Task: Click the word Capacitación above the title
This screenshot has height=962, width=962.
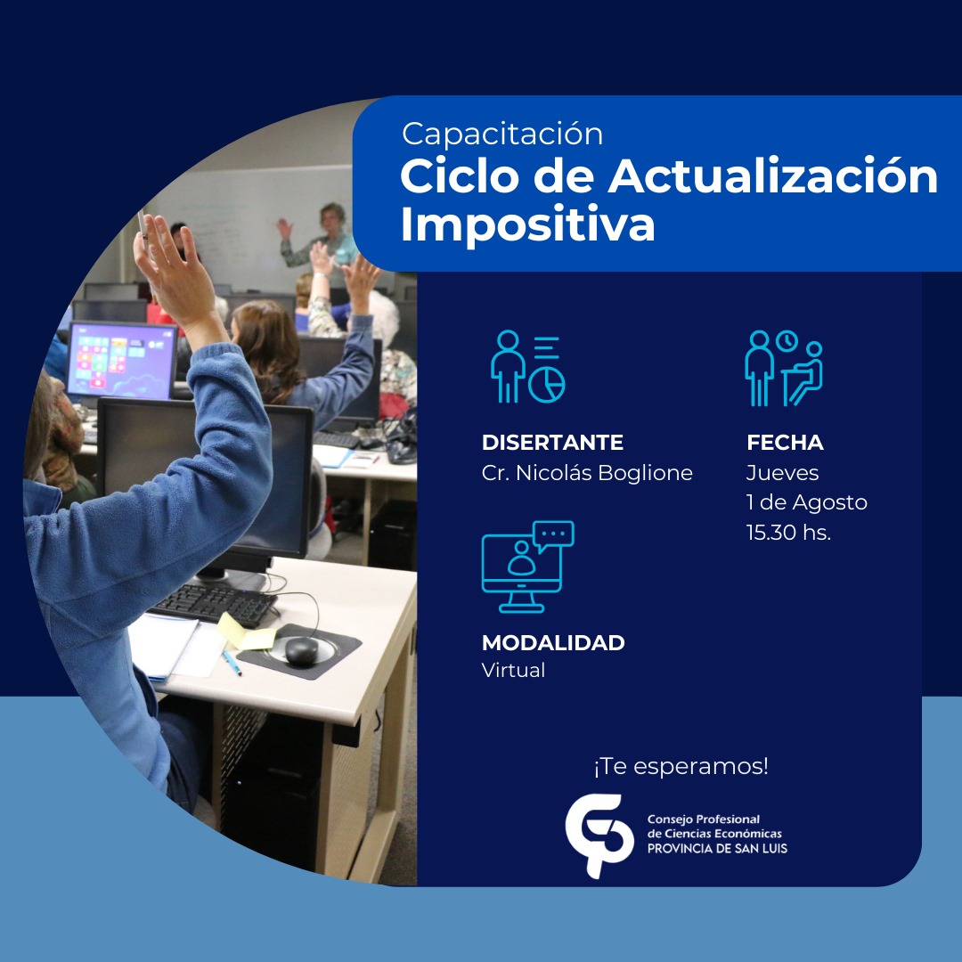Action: tap(502, 135)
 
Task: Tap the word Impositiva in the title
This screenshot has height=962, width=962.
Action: tap(527, 225)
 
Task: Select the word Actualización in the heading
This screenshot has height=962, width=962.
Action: tap(773, 176)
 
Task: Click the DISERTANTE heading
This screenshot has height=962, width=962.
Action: tap(552, 443)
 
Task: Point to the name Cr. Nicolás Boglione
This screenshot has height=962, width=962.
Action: tap(587, 473)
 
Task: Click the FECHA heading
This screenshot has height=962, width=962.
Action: tap(785, 443)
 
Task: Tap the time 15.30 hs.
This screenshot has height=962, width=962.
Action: tap(788, 532)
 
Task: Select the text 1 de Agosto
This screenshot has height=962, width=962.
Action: tap(807, 502)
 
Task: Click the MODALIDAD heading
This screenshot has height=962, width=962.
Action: tap(553, 642)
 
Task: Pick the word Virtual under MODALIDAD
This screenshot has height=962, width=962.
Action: tap(514, 670)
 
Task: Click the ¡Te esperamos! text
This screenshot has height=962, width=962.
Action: tap(681, 766)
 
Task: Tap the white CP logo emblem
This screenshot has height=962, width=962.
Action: tap(599, 835)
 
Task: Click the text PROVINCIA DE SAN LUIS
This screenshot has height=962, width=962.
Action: tap(717, 849)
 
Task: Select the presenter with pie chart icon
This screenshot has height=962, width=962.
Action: tap(527, 367)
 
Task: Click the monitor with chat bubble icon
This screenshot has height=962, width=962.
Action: tap(527, 567)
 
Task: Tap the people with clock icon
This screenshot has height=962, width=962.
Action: tap(784, 368)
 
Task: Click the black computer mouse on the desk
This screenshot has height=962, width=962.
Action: tap(301, 651)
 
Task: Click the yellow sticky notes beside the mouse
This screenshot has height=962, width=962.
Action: tap(246, 632)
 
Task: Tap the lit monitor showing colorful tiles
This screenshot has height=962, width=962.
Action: tap(121, 361)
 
